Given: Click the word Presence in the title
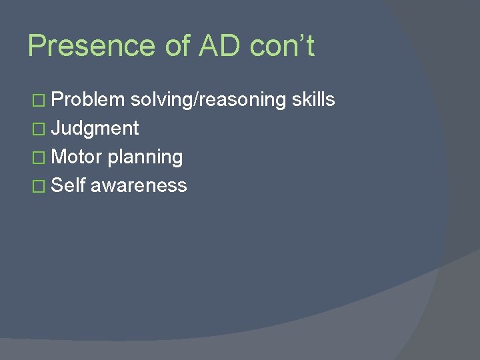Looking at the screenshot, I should (91, 47).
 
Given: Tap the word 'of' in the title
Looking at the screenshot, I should (177, 47).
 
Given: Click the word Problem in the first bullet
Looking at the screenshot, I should (88, 100).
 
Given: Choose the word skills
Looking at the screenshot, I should (313, 100).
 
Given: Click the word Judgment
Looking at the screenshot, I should (95, 129).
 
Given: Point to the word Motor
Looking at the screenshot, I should (76, 157).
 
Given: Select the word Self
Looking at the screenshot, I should (67, 185).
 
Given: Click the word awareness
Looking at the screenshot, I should (139, 186).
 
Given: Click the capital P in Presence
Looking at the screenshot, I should (37, 47).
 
